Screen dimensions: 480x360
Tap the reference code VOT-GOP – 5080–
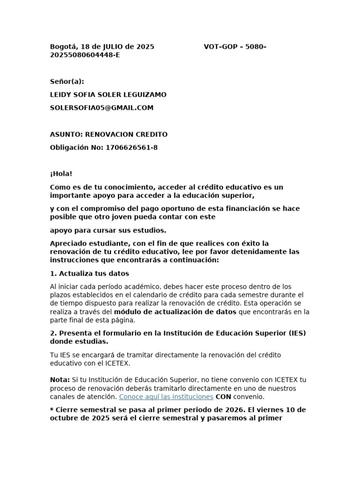click(235, 47)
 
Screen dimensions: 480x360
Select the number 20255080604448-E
click(85, 55)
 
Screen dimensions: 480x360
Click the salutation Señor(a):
click(67, 82)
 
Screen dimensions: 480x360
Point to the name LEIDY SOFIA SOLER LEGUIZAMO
click(108, 95)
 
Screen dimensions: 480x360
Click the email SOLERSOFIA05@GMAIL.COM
click(102, 108)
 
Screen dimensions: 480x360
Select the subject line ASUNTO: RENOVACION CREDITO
click(108, 135)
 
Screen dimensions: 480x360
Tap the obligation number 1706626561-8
click(132, 148)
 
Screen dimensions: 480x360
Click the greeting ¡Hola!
click(61, 174)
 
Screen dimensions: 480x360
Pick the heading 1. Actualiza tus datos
click(90, 273)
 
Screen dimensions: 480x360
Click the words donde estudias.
click(79, 341)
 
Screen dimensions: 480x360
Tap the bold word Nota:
click(60, 380)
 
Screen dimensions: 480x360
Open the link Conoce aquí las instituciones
click(166, 397)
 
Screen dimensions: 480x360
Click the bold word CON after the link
click(224, 397)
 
